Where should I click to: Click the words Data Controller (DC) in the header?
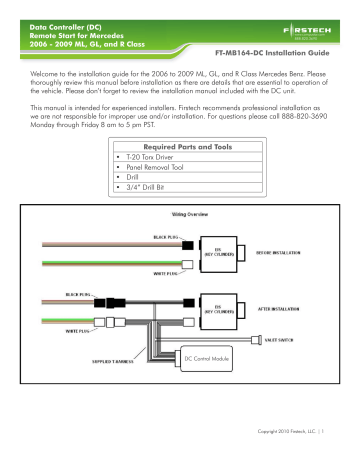point(61,17)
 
